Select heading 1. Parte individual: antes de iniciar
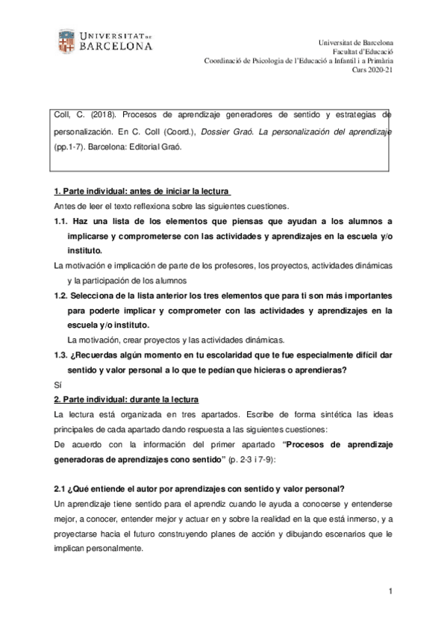point(143,191)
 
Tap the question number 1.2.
point(61,295)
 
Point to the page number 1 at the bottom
point(389,591)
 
